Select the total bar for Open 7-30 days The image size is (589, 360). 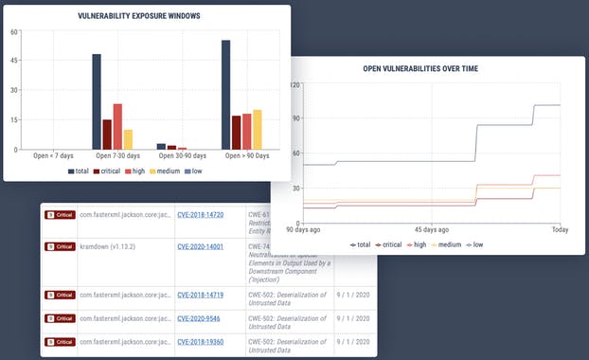click(x=97, y=102)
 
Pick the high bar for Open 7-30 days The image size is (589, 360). click(x=117, y=127)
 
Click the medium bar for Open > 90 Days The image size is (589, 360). click(x=257, y=130)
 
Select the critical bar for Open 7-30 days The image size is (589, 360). click(x=107, y=135)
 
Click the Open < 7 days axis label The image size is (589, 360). click(x=53, y=155)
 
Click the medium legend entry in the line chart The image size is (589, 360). click(x=446, y=243)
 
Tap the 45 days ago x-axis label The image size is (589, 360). click(x=432, y=229)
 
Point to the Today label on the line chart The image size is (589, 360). click(x=559, y=229)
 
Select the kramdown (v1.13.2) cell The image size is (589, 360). click(x=112, y=246)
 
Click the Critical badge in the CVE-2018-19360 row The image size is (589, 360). click(x=60, y=341)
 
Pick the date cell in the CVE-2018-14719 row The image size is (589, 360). click(x=353, y=294)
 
